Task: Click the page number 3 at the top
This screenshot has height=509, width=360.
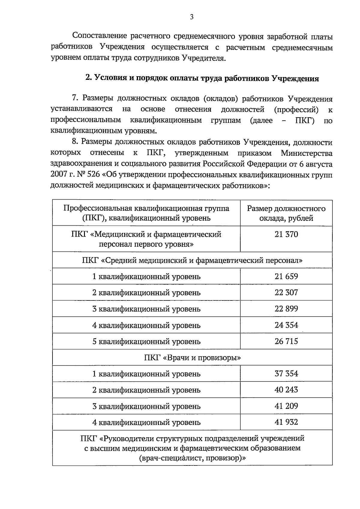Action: click(192, 17)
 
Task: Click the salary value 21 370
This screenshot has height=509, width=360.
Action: click(286, 234)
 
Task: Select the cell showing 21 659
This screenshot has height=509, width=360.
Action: click(286, 276)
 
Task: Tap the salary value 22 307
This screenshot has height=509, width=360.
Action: click(286, 293)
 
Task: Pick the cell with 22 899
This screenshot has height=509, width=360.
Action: click(286, 309)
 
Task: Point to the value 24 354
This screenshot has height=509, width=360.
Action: click(286, 325)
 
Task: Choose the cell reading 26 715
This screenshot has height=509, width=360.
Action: click(286, 341)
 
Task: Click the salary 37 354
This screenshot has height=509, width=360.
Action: click(286, 374)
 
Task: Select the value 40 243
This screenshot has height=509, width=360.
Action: click(286, 390)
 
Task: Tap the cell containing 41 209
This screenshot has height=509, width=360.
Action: click(286, 406)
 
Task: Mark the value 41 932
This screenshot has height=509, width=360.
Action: click(286, 422)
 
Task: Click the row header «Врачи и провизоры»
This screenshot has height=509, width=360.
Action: click(192, 358)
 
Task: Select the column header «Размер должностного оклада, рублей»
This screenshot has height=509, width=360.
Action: click(286, 213)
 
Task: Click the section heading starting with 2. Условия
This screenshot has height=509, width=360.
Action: click(202, 78)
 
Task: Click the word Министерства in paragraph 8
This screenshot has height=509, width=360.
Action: click(307, 153)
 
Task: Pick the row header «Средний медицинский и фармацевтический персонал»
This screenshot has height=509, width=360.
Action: click(192, 260)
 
